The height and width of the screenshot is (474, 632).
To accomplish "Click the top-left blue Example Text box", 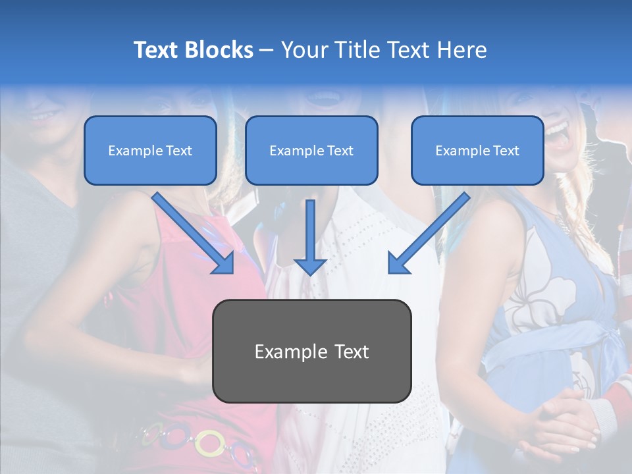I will tap(150, 151).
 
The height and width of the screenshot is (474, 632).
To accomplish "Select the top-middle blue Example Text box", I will tap(311, 151).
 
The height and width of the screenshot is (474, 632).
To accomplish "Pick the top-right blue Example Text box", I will tap(477, 151).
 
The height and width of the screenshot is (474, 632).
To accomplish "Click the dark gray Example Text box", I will tap(311, 352).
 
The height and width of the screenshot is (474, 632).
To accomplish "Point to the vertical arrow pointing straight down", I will tap(310, 234).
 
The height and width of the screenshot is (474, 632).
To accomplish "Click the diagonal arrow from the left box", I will tap(194, 234).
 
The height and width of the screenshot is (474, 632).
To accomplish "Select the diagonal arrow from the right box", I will tap(428, 234).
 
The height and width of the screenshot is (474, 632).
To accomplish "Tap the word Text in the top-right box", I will tap(506, 151).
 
